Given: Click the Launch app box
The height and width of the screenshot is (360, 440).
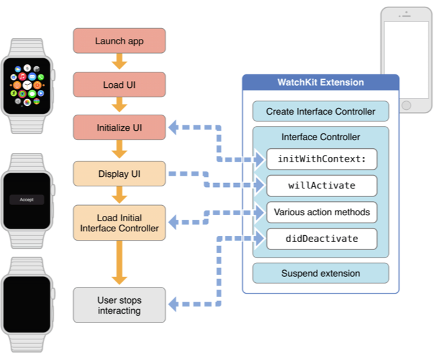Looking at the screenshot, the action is click(x=119, y=41).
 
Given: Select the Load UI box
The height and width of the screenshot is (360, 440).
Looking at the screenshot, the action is click(x=119, y=84).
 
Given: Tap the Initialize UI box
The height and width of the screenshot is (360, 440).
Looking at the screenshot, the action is click(x=119, y=127).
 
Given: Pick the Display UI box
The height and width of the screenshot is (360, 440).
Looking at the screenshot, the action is click(x=119, y=174).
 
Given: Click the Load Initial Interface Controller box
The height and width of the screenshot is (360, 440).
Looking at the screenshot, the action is click(x=119, y=223).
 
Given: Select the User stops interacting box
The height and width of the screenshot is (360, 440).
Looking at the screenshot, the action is click(x=119, y=305).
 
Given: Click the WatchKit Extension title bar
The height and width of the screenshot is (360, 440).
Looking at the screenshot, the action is click(x=321, y=82).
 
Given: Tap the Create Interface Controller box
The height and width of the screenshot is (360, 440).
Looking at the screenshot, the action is click(x=321, y=111).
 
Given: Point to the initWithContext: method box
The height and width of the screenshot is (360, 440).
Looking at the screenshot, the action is click(x=321, y=160).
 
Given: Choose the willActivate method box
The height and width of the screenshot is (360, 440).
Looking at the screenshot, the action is click(x=321, y=186).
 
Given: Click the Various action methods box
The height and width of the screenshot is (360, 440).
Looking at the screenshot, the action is click(x=321, y=213).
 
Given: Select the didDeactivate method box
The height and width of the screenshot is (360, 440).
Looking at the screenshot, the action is click(x=321, y=239).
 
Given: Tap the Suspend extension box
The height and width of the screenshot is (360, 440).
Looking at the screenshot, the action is click(x=321, y=273).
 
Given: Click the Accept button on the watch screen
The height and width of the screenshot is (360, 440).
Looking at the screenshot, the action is click(x=27, y=200).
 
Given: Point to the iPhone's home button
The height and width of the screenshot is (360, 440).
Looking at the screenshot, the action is click(x=406, y=105).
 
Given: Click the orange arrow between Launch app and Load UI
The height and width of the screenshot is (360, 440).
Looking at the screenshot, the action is click(x=119, y=62).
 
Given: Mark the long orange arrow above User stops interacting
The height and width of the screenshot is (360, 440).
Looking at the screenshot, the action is click(x=119, y=262).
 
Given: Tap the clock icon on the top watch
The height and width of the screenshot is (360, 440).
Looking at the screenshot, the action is click(x=27, y=84).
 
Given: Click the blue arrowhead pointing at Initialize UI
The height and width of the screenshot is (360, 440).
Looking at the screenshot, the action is click(x=173, y=127).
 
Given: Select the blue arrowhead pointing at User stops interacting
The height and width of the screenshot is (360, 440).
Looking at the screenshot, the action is click(x=173, y=304).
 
